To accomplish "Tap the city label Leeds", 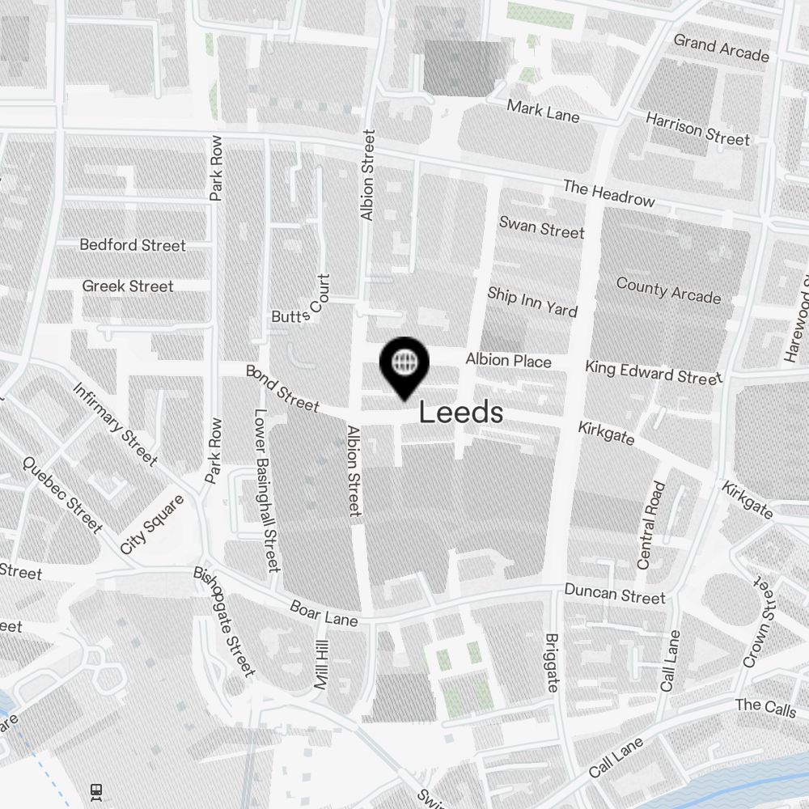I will pos(461,413).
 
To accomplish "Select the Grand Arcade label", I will pos(721,48).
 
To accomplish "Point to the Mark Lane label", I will pos(543,111).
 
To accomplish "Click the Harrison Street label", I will pos(697,129).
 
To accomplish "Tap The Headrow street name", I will pos(608,193).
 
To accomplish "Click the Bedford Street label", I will pos(133,244).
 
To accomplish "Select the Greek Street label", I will pos(128,286).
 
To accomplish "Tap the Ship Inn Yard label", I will pos(532,302).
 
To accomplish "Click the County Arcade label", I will pos(668,290).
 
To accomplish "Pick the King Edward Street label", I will pos(654,373).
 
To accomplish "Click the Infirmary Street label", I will pos(115,424).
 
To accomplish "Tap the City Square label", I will pos(152,524).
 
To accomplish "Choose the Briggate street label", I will pos(552,662).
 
